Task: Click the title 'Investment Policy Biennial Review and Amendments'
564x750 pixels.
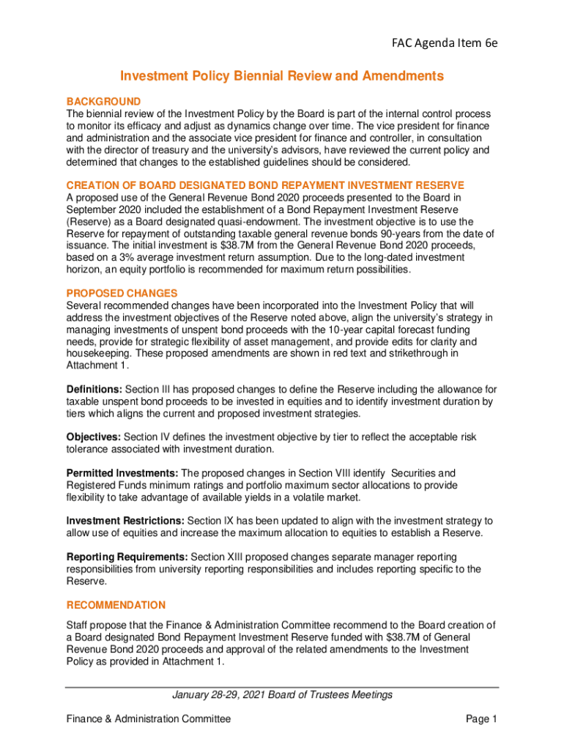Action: [282, 76]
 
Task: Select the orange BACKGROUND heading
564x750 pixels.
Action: [103, 101]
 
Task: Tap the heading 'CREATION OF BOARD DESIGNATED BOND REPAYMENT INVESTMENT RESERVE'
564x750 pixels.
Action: [265, 185]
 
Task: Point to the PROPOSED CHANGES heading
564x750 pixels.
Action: [122, 293]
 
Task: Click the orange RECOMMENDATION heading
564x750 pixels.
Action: [116, 605]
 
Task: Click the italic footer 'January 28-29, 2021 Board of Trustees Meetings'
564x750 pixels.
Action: [282, 694]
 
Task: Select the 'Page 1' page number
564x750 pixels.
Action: [481, 719]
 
